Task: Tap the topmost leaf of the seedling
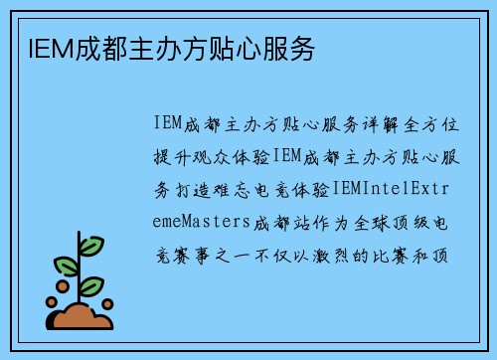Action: click(90, 245)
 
